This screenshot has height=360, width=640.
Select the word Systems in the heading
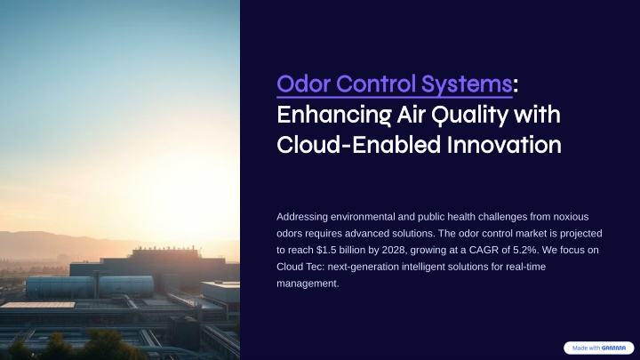click(467, 84)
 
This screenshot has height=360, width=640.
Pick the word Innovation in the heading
click(504, 145)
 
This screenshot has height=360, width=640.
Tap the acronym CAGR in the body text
click(484, 250)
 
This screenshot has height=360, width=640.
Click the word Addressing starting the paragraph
click(302, 217)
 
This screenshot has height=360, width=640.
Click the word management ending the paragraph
click(308, 284)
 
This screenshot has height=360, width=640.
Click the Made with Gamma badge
click(599, 348)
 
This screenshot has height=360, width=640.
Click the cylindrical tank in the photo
click(90, 286)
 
